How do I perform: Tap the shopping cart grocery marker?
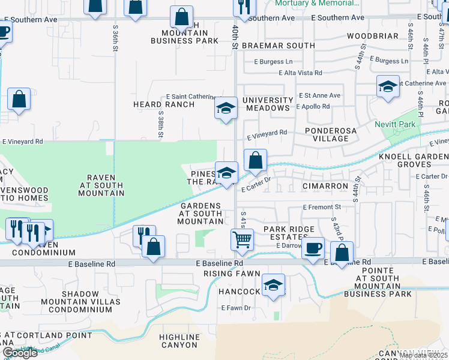coord(242,239)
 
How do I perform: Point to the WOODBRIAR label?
coord(372,36)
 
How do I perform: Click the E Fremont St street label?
coord(322,207)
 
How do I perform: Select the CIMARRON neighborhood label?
coord(325,187)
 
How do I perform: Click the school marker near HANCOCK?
coord(273,285)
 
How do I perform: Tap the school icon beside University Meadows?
coord(226,109)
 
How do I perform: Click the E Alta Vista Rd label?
coord(300,73)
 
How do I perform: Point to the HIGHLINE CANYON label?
coord(179,341)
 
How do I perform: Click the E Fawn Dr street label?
coord(236,308)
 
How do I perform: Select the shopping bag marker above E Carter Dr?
coord(255,160)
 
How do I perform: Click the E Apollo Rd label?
coord(313,107)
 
